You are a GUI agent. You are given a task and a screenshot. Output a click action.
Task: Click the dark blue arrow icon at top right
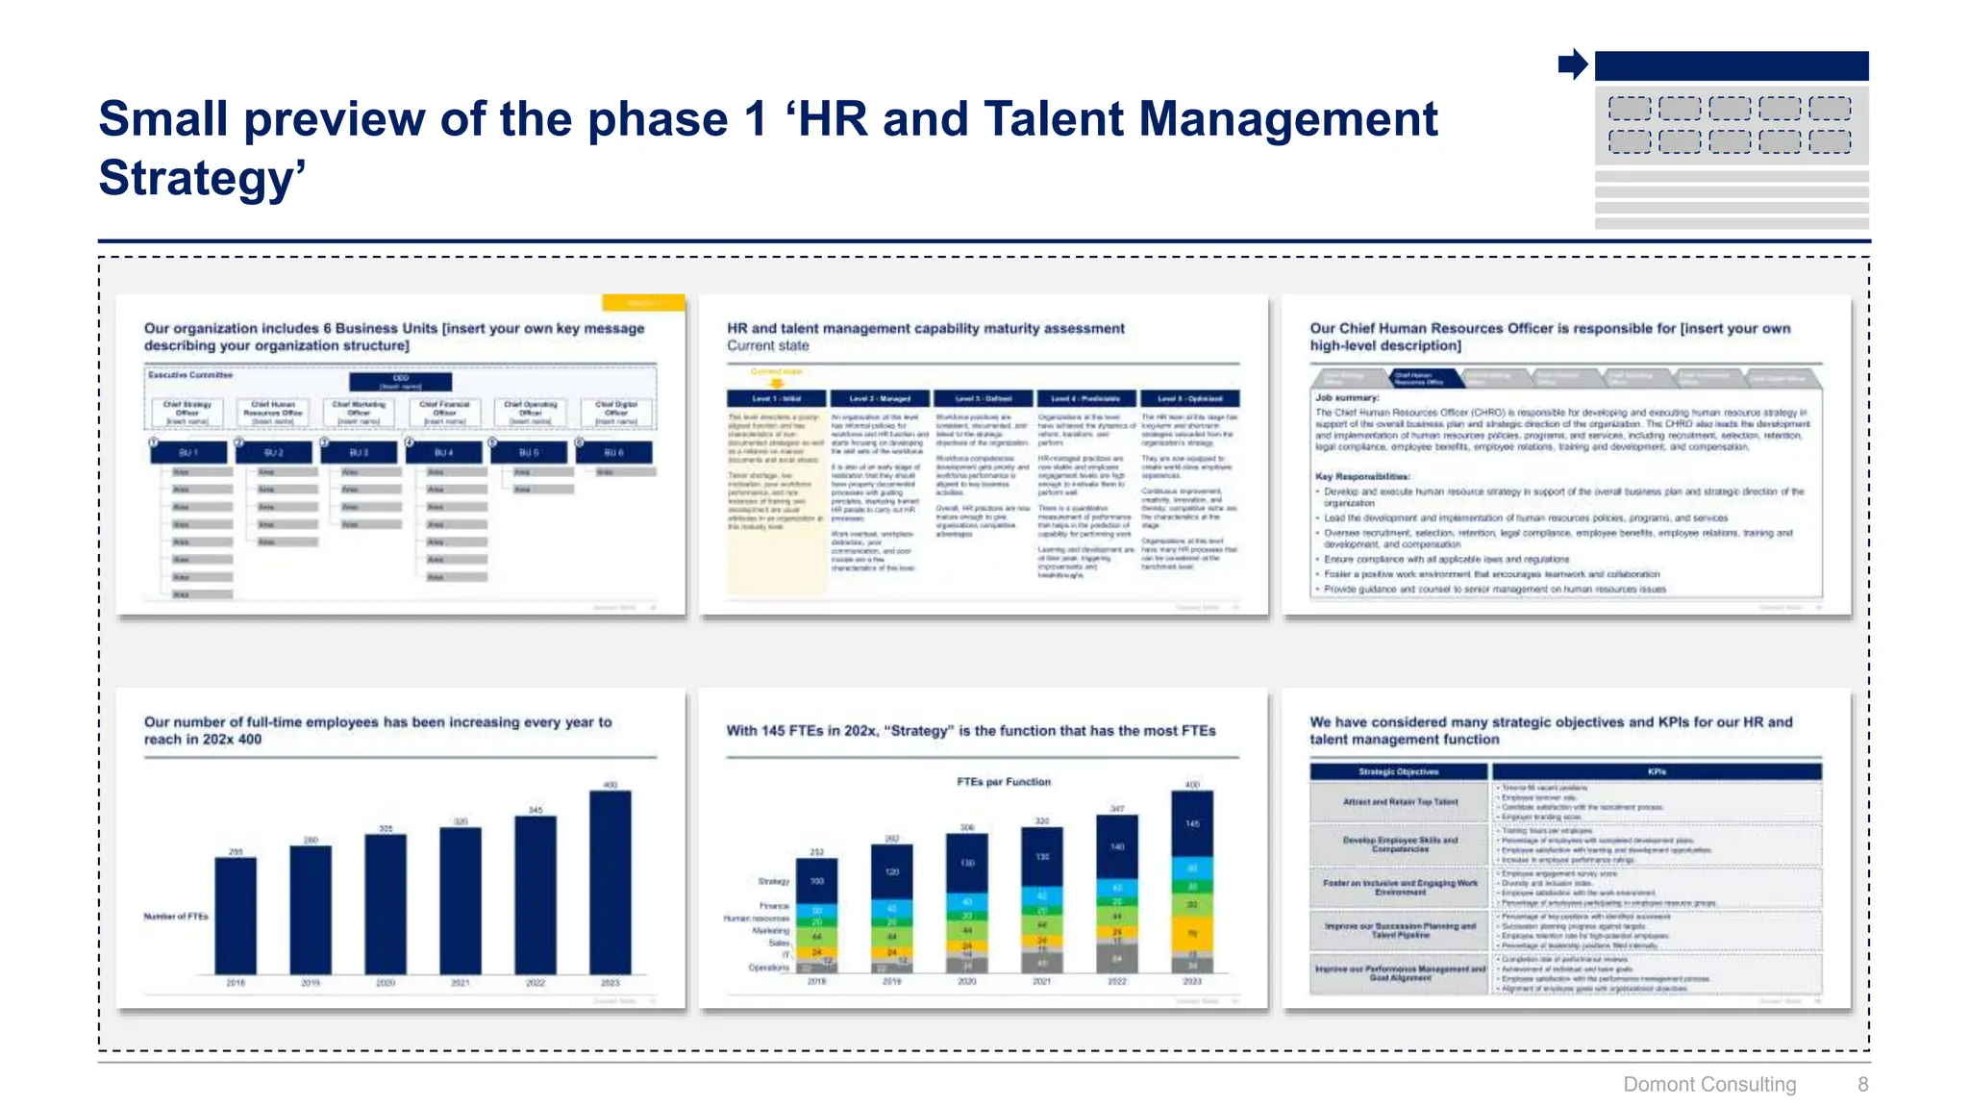[1573, 64]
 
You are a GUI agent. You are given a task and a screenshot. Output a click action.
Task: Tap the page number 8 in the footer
[1862, 1084]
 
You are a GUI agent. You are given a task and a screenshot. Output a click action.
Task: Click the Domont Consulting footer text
[1708, 1084]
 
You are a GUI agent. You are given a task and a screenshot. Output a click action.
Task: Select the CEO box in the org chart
[400, 382]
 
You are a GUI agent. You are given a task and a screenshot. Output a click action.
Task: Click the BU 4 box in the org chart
[443, 452]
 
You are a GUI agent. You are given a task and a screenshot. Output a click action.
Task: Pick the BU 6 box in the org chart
[614, 452]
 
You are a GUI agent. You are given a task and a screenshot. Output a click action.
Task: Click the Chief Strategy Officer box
[187, 413]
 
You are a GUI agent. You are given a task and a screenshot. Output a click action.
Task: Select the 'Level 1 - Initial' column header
[776, 398]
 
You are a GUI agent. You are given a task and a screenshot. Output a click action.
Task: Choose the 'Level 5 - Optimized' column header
[1189, 398]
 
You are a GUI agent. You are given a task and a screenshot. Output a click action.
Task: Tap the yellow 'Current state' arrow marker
[777, 382]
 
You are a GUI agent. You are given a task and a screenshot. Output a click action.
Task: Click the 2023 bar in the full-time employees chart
[611, 882]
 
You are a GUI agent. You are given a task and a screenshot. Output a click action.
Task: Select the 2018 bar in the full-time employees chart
[236, 915]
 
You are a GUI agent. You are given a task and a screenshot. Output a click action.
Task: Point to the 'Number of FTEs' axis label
[176, 917]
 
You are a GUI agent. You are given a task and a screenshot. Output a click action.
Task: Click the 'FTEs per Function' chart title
[1004, 782]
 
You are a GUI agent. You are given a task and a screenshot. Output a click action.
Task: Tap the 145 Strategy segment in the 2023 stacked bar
[1192, 823]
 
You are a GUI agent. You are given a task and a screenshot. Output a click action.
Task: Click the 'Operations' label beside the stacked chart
[768, 968]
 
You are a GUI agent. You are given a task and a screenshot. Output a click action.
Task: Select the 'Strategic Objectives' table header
[1399, 771]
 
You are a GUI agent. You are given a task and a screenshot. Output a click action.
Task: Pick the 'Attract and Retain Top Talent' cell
[1400, 802]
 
